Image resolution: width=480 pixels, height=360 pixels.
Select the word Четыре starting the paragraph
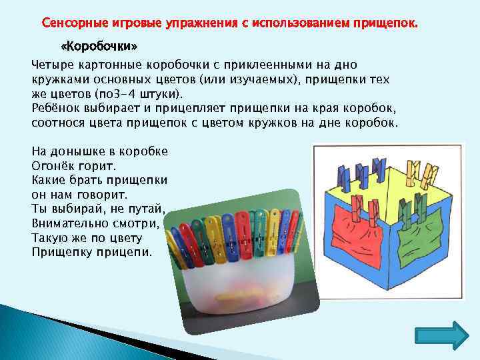52,65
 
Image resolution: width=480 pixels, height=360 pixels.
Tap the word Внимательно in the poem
68,223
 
